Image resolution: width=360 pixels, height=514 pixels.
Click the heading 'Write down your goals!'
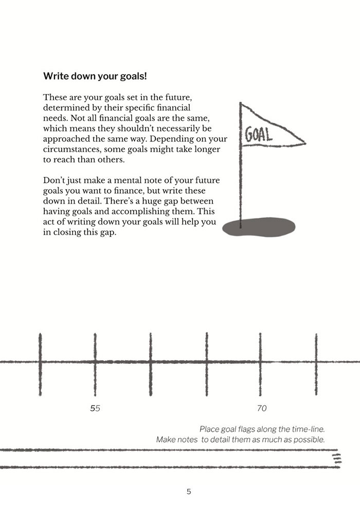point(95,76)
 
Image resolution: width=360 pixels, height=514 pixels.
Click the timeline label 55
point(95,409)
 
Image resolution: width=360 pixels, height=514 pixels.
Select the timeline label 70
point(261,409)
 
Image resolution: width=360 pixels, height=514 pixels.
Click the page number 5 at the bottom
point(189,492)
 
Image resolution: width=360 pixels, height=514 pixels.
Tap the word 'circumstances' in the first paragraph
point(71,149)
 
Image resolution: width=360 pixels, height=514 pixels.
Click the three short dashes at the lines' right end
point(337,458)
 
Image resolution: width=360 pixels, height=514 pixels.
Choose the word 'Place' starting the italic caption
point(209,429)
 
